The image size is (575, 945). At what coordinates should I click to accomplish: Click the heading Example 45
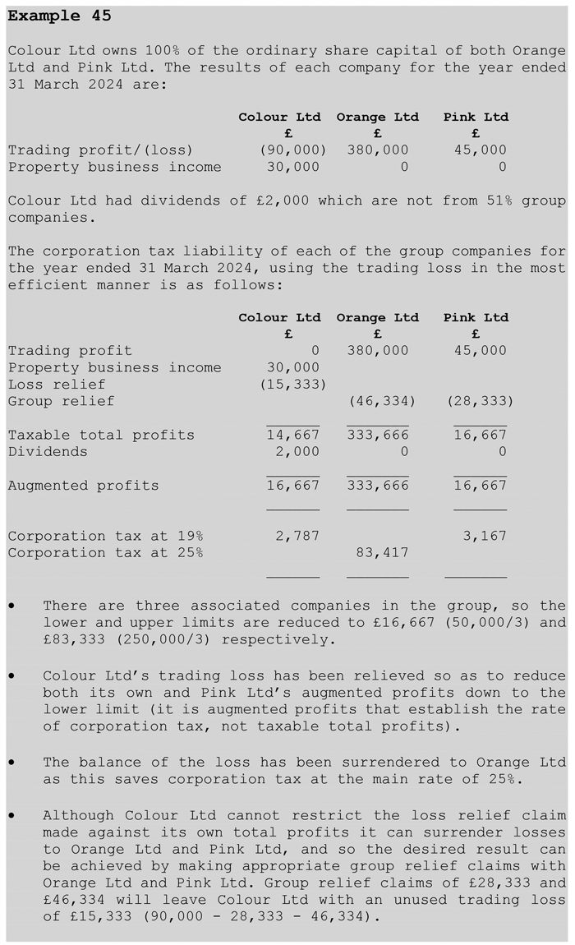[x=59, y=16]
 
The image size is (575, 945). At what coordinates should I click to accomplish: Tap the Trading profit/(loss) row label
[x=100, y=150]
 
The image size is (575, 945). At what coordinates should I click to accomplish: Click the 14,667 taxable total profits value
[x=293, y=436]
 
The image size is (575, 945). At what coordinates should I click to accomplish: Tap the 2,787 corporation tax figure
[x=297, y=537]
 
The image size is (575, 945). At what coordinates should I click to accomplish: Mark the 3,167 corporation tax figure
[x=485, y=537]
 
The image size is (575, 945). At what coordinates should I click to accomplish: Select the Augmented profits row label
[x=83, y=486]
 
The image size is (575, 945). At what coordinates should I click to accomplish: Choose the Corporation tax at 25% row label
[x=105, y=553]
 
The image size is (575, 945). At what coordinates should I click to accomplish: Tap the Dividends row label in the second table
[x=48, y=452]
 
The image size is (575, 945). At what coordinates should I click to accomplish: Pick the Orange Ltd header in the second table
[x=377, y=318]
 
